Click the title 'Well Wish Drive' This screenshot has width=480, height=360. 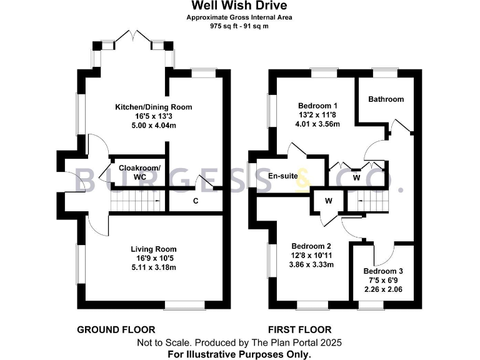(x=239, y=6)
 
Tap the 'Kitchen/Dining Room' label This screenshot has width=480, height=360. (x=153, y=107)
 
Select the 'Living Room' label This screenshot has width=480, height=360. (x=153, y=249)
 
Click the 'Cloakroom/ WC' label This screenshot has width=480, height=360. (x=139, y=172)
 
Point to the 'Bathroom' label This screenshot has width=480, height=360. (x=386, y=99)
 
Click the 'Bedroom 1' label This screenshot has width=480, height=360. (x=317, y=105)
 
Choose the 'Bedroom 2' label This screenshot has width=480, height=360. (x=311, y=246)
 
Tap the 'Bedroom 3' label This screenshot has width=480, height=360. (x=383, y=271)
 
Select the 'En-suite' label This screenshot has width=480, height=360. (x=282, y=176)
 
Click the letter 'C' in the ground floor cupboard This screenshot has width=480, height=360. (x=196, y=201)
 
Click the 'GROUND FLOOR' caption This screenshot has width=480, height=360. (x=116, y=329)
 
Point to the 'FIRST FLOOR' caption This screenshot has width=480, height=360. (x=300, y=329)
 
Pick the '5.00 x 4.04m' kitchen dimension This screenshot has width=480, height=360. (x=154, y=126)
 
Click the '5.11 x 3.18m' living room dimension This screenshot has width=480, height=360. (x=154, y=267)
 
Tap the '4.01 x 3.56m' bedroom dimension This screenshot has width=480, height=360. (x=317, y=124)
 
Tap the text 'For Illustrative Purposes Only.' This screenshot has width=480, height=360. (x=240, y=354)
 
